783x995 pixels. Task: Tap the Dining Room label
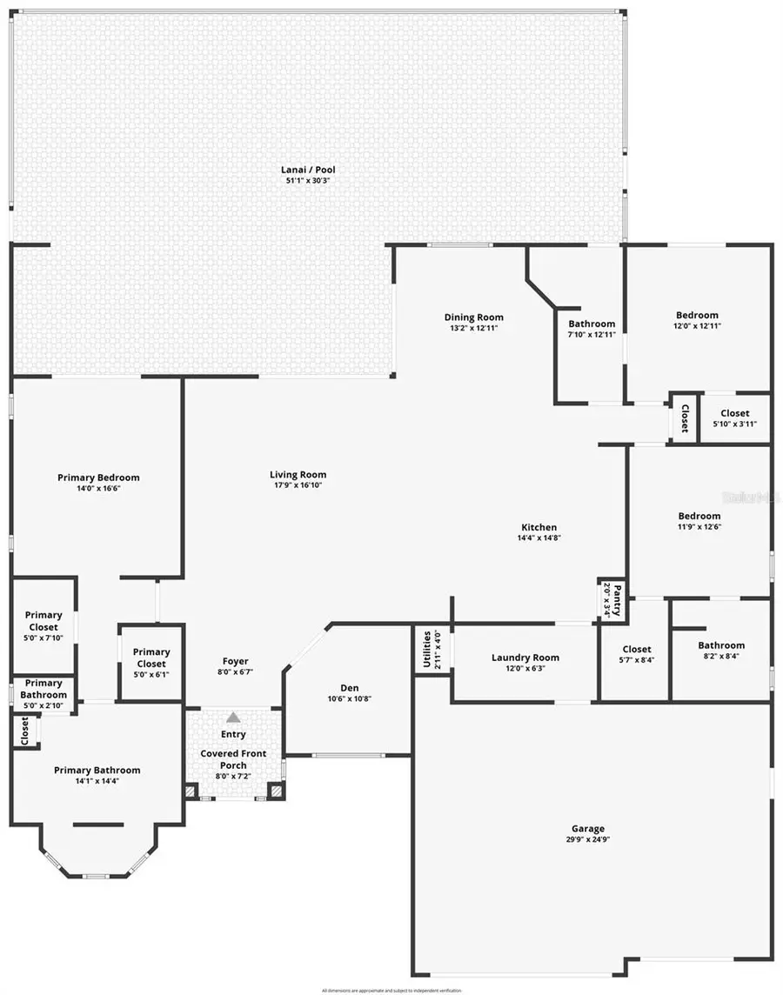(473, 317)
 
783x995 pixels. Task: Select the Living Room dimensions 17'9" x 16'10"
(298, 485)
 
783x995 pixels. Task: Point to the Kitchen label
(539, 527)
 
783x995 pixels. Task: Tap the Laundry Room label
(525, 658)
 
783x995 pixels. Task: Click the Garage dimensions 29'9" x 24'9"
(588, 839)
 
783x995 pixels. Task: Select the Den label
(347, 687)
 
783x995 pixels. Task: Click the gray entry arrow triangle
(233, 718)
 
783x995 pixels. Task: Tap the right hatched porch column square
(276, 791)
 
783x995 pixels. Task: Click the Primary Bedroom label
(98, 477)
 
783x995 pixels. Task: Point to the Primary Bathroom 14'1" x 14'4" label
(97, 770)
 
